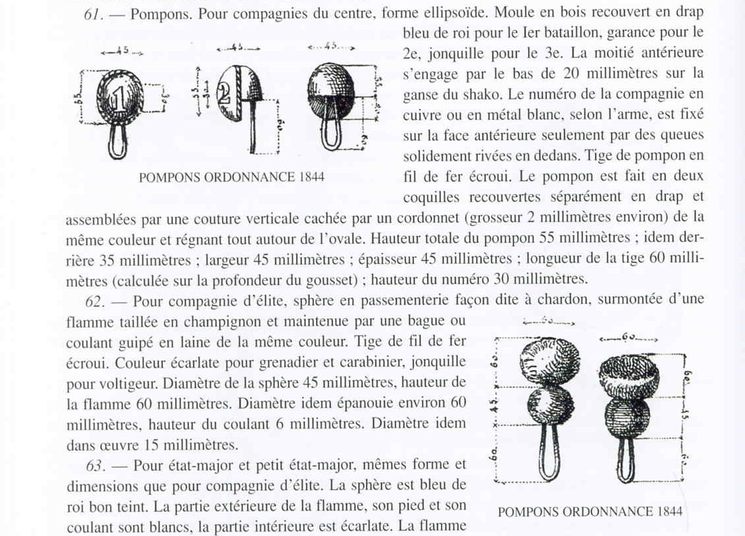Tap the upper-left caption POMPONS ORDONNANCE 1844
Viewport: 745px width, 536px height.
(231, 177)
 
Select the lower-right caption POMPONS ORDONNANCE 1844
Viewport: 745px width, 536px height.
(590, 512)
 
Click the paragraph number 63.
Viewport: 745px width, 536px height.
(97, 465)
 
